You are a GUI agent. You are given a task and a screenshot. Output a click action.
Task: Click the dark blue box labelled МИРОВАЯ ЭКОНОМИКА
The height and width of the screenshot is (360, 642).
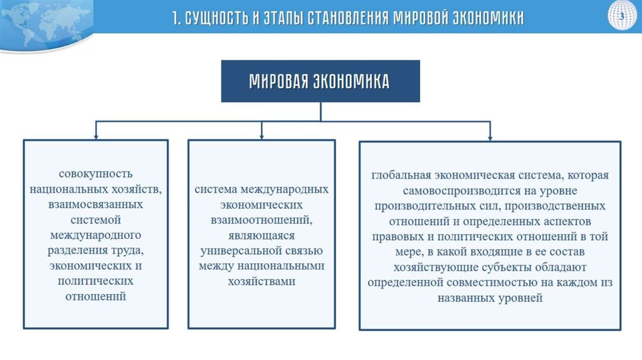320,81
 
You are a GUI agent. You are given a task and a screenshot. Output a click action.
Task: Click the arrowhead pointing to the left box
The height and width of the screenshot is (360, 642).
96,134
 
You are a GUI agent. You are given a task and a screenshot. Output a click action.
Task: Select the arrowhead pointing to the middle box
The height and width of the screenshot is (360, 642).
261,134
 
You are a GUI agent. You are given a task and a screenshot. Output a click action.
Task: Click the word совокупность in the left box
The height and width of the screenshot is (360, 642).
96,173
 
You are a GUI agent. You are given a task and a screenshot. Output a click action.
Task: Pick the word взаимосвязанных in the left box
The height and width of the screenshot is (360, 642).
96,204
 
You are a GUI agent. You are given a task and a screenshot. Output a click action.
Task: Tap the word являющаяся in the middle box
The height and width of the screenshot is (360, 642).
261,235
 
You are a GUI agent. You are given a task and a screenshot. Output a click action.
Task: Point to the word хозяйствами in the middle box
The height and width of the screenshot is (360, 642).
261,281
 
